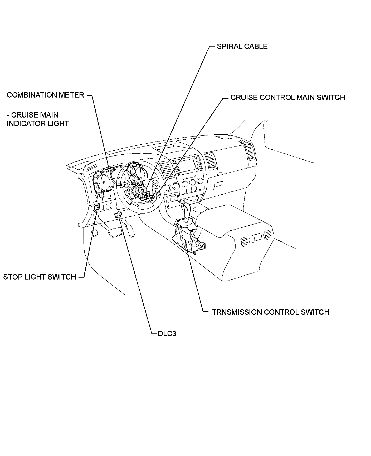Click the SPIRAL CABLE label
pyautogui.click(x=242, y=47)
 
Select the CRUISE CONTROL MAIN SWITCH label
pyautogui.click(x=287, y=98)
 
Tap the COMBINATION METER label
pyautogui.click(x=45, y=95)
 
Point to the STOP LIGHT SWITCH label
pyautogui.click(x=40, y=277)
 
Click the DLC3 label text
pyautogui.click(x=167, y=334)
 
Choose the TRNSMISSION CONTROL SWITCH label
pyautogui.click(x=270, y=312)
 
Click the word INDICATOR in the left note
pyautogui.click(x=24, y=123)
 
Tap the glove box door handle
pyautogui.click(x=218, y=185)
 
